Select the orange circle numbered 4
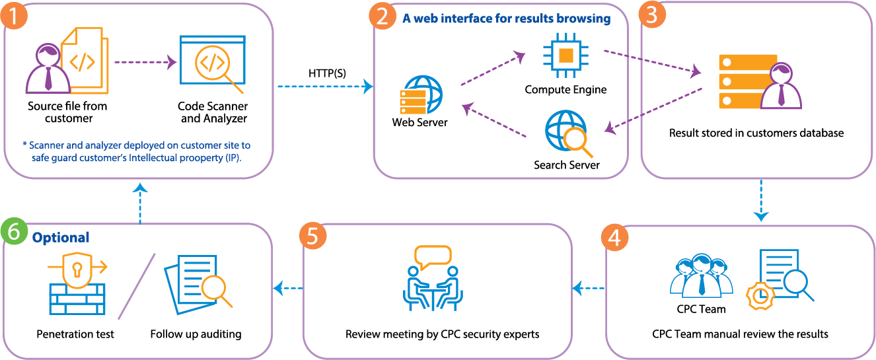[614, 237]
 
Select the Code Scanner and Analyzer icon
[212, 65]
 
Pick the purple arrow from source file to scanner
[145, 63]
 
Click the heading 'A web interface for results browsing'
[506, 19]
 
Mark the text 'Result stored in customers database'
[756, 133]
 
